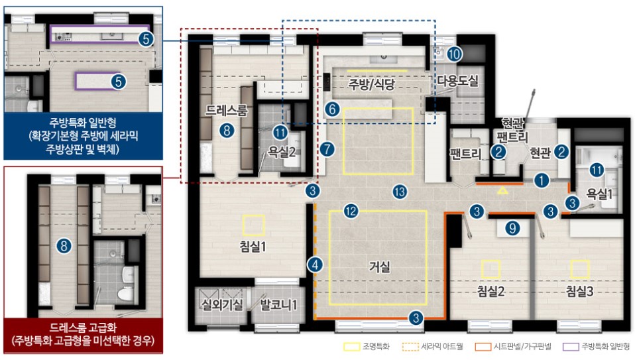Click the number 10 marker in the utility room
pos(455,54)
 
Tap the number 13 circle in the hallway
pos(400,192)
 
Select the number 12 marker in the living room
pos(351,211)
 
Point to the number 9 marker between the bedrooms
pos(512,228)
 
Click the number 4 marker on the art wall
pos(315,265)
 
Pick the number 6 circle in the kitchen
pos(332,109)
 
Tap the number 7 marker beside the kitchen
pos(327,149)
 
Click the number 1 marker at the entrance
pos(542,180)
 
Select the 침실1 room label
pos(253,246)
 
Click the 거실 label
pos(379,267)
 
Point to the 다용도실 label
pos(457,81)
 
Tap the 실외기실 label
pos(222,304)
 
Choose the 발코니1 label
pos(278,304)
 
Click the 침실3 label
pos(579,291)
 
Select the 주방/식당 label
pos(371,85)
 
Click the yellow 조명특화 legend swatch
pos(351,347)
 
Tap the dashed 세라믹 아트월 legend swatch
pos(410,347)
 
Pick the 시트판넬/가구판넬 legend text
pos(522,347)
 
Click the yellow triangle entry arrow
pos(502,190)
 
